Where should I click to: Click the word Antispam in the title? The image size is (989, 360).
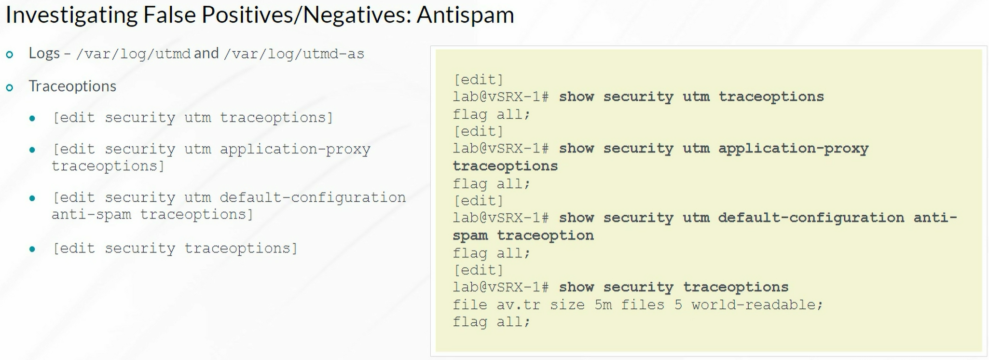465,15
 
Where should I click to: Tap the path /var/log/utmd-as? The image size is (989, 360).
294,54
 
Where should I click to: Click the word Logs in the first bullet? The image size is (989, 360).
44,53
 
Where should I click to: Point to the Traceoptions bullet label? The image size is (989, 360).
72,86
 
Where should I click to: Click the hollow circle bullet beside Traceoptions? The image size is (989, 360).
10,88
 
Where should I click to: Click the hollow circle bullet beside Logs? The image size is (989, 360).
10,55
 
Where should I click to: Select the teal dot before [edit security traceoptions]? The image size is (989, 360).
32,249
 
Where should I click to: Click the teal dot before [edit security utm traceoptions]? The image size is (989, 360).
32,119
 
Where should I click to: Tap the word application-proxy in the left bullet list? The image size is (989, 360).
295,150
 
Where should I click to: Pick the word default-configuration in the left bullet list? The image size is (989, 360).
313,198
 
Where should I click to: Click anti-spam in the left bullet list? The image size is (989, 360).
91,214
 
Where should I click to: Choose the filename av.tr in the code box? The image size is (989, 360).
518,305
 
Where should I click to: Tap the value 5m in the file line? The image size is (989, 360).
603,305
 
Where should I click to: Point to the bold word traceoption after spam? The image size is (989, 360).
545,235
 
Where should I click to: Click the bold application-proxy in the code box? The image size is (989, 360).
794,149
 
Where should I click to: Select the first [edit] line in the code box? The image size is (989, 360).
478,80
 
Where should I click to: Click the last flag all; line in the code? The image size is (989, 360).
491,322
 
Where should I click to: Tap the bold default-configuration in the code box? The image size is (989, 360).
811,218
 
